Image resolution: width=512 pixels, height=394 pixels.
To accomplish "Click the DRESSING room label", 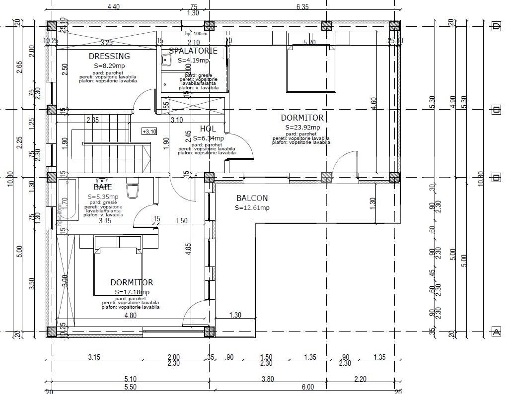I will (109, 57).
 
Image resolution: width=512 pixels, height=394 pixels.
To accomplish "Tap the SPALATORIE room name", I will (193, 51).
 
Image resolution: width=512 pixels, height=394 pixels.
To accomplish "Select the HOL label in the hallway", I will (208, 129).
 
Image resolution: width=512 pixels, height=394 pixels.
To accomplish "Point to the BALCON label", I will (252, 198).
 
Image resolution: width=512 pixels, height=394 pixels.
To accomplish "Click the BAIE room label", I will (103, 187).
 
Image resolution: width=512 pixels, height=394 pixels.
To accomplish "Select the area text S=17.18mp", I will (132, 292).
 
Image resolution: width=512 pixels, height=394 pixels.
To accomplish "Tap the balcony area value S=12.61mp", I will (252, 208).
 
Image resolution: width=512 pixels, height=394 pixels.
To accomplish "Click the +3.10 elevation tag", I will (149, 131).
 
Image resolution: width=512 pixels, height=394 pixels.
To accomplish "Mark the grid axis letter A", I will (495, 332).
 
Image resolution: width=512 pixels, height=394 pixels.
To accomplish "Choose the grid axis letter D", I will (495, 26).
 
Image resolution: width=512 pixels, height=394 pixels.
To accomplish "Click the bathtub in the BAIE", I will (68, 199).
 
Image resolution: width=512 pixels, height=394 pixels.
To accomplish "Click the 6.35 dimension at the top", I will (302, 7).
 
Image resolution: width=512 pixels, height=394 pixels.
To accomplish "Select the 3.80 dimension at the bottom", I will (268, 379).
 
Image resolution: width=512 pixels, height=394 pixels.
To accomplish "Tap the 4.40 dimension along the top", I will (113, 7).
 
